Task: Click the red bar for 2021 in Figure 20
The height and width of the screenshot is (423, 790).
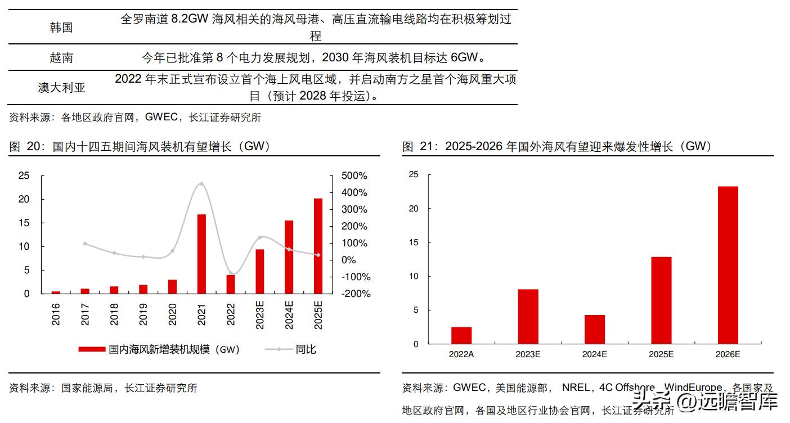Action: click(201, 254)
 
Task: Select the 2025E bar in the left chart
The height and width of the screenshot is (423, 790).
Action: click(318, 246)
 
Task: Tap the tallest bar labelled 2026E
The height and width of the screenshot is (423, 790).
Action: click(728, 265)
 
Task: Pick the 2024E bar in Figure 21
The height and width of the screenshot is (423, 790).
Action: click(594, 329)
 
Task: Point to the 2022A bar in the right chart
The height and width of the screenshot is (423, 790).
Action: click(461, 335)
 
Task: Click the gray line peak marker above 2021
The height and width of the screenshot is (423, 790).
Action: click(201, 183)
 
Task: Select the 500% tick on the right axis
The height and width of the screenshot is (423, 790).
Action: click(354, 176)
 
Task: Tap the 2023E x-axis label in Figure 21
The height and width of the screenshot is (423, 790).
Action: click(528, 354)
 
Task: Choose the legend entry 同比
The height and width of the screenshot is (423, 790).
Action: click(306, 349)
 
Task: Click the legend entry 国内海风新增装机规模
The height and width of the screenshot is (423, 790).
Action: click(175, 349)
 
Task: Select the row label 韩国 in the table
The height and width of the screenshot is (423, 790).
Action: click(61, 27)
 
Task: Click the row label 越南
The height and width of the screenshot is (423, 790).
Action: click(61, 57)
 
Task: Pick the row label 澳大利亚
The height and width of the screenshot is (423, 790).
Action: click(61, 88)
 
